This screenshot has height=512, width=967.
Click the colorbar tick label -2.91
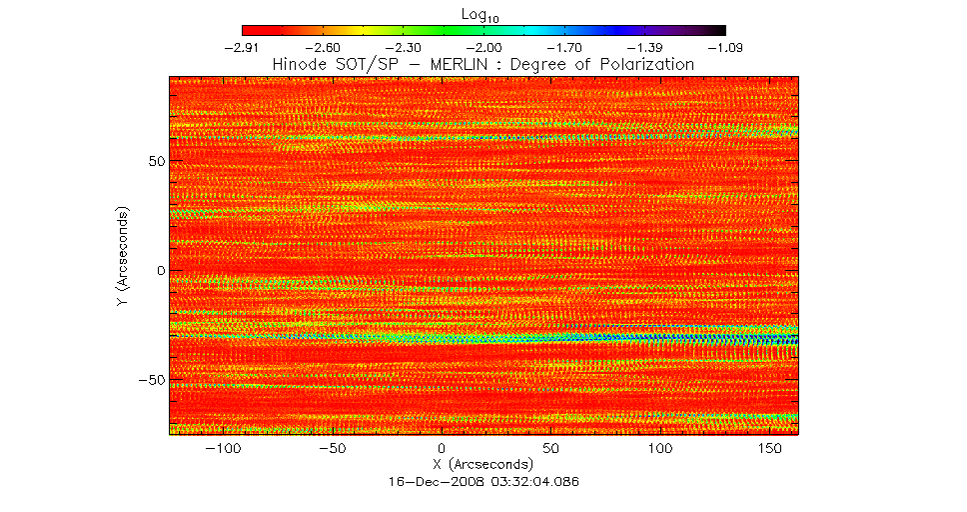click(x=243, y=48)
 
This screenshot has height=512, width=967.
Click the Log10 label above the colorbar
click(x=483, y=13)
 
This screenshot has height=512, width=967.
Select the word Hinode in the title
click(x=300, y=64)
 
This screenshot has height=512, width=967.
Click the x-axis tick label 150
click(x=768, y=450)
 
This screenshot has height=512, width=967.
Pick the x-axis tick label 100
click(x=659, y=450)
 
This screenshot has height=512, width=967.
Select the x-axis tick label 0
click(x=442, y=450)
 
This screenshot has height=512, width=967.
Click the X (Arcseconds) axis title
click(x=483, y=465)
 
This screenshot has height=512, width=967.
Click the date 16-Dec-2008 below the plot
click(x=430, y=481)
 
